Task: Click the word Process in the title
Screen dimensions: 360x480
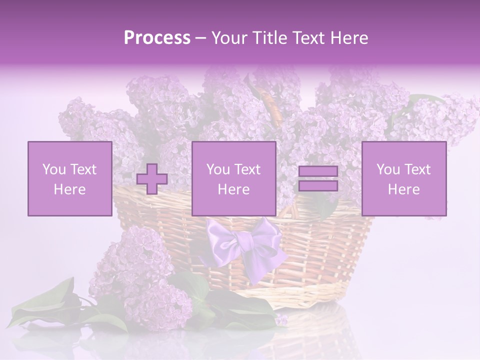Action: coord(157,38)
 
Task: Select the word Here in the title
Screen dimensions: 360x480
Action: coord(348,38)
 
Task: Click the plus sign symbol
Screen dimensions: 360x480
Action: coord(152,179)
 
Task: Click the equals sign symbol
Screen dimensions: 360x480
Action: coord(318,179)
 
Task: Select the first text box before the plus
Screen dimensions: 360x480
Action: coord(69,179)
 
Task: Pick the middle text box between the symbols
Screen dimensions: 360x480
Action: coord(233,179)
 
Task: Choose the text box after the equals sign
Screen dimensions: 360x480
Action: coord(403,179)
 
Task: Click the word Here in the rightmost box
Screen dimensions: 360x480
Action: coord(403,189)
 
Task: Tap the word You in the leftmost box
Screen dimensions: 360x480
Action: coord(54,169)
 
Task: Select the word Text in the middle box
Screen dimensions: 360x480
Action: coord(247,169)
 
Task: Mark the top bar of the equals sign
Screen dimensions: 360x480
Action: coord(318,172)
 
